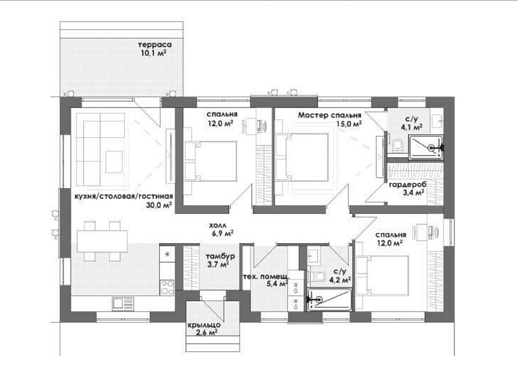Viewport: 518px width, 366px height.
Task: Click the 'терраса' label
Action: (x=155, y=45)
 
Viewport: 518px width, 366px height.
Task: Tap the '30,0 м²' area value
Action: (x=159, y=205)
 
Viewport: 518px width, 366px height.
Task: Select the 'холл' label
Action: (x=218, y=226)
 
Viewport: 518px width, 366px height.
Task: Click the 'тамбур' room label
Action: (x=220, y=257)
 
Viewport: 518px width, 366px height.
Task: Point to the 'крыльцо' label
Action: (x=204, y=325)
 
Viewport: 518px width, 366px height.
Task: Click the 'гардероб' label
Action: (x=408, y=185)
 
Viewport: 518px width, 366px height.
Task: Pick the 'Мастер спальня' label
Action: (x=330, y=115)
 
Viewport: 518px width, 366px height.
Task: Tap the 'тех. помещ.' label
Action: (x=266, y=277)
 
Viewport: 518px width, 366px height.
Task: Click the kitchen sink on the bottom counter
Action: (x=123, y=304)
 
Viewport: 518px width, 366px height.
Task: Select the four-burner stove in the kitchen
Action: (x=167, y=288)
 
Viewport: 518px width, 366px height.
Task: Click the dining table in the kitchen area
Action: (x=102, y=241)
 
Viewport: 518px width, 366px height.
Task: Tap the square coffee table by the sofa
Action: (x=114, y=162)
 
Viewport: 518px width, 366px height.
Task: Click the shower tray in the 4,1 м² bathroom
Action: (x=426, y=147)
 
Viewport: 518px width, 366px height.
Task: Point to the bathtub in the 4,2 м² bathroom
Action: (x=330, y=299)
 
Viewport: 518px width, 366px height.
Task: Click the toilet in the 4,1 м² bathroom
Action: (x=398, y=146)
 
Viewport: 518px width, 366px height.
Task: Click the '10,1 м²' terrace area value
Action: (x=153, y=53)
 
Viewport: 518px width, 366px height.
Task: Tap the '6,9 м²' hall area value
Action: (x=222, y=233)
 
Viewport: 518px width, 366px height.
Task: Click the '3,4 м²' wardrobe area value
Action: (x=413, y=193)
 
